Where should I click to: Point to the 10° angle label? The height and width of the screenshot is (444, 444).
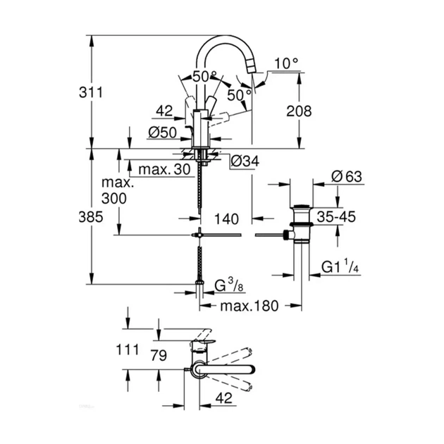click(x=286, y=63)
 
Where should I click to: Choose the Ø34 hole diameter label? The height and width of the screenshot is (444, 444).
click(x=245, y=161)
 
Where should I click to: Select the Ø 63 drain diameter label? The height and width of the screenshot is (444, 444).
click(x=344, y=176)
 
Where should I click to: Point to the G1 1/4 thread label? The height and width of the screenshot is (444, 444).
click(x=342, y=267)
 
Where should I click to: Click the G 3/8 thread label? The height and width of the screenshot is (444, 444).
click(x=229, y=285)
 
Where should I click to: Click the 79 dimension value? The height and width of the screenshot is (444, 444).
click(x=157, y=357)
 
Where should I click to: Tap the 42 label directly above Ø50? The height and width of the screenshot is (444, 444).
click(x=164, y=111)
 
